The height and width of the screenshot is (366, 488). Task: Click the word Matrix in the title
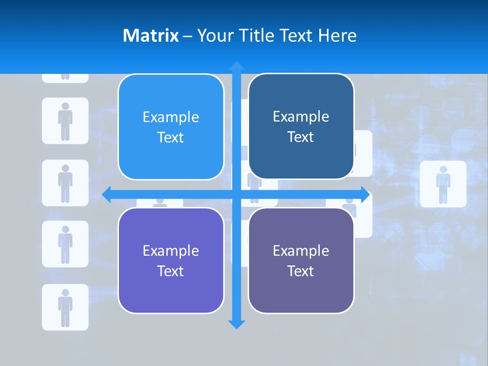click(150, 36)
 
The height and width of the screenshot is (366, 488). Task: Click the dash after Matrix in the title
click(188, 36)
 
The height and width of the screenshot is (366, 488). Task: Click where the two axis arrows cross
click(236, 194)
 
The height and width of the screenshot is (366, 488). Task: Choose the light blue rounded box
click(171, 127)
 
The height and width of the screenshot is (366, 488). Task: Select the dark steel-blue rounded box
click(301, 127)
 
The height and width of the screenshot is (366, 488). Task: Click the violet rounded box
click(171, 261)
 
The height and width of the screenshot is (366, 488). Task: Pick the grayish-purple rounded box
click(301, 261)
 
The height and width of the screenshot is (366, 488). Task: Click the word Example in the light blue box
click(171, 117)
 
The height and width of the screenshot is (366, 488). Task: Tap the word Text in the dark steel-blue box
click(301, 137)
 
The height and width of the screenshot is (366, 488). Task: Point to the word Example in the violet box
click(171, 251)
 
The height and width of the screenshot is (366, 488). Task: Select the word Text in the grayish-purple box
click(301, 271)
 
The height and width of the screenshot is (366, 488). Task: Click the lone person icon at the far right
click(443, 184)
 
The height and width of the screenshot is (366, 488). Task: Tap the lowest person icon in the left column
click(65, 307)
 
